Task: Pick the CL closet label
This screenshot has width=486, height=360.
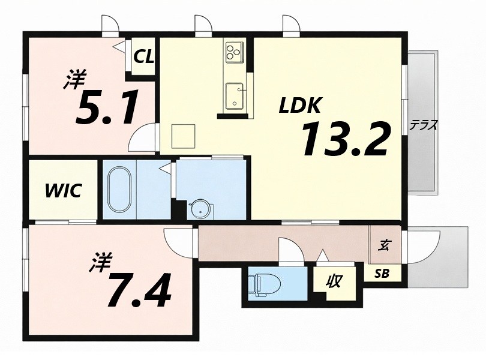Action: [x=144, y=57]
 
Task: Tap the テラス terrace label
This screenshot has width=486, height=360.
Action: [x=423, y=125]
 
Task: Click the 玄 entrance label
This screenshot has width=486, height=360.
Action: [x=383, y=245]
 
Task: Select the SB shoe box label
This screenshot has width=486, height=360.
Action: [x=382, y=274]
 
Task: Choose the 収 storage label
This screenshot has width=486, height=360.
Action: [x=334, y=281]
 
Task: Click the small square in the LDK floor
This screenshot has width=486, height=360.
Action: [x=182, y=136]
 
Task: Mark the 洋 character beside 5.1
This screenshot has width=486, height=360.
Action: [x=76, y=80]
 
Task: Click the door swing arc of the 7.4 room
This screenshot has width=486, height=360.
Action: [x=178, y=243]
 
